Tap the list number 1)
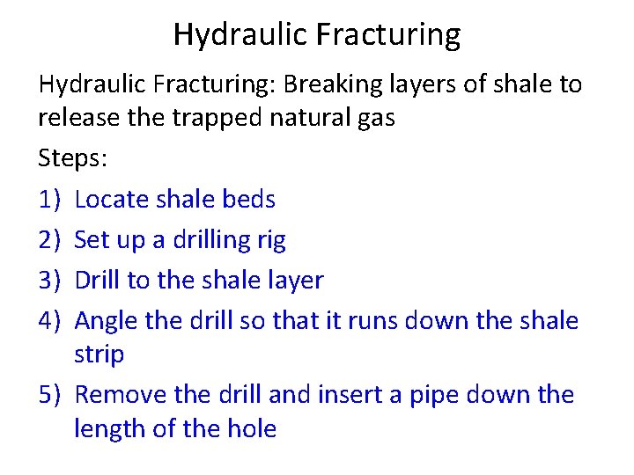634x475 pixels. point(51,200)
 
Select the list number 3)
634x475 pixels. point(51,281)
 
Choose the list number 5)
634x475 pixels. point(51,395)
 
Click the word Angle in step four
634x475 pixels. point(107,321)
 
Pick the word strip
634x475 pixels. point(99,355)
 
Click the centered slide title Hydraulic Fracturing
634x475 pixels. point(316,35)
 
